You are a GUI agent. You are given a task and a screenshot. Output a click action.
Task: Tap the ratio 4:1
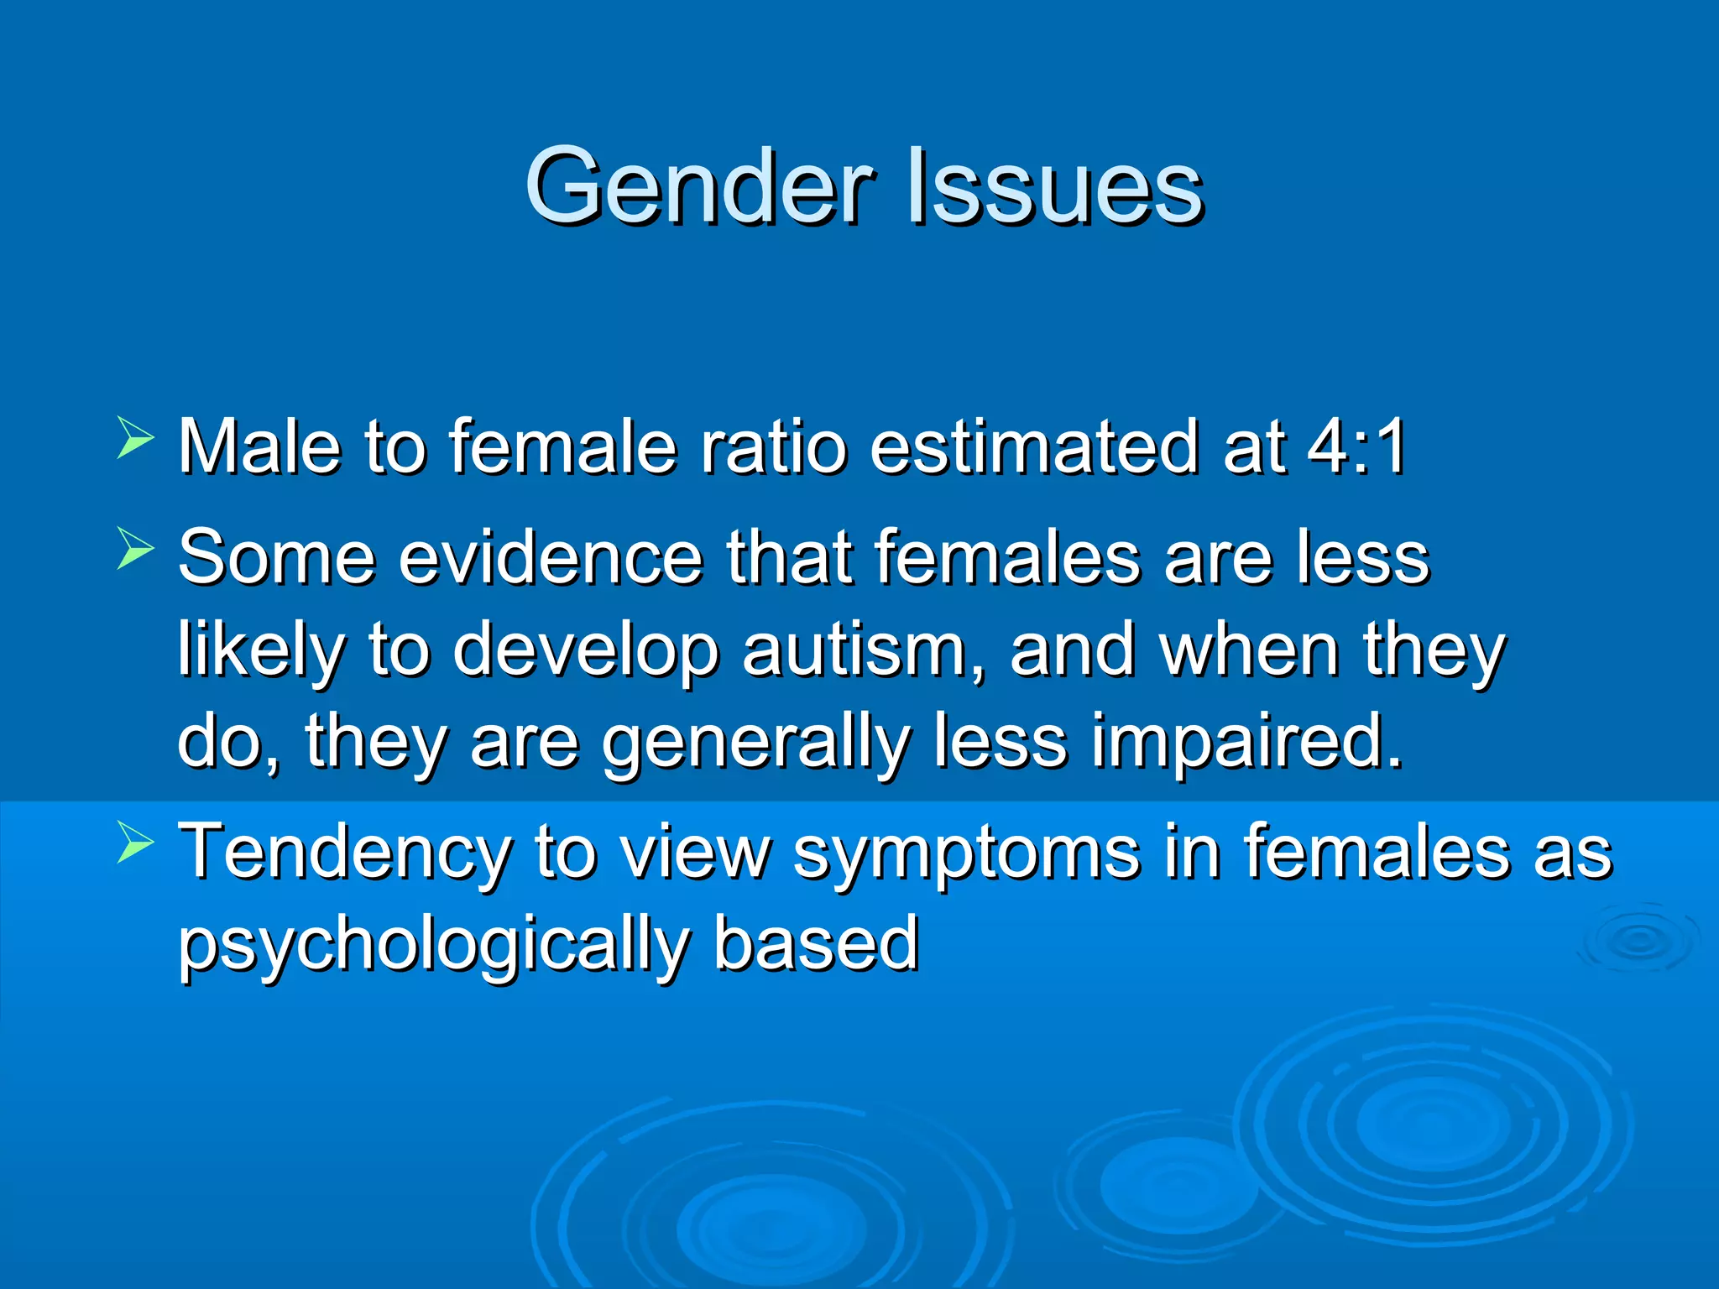(x=1357, y=446)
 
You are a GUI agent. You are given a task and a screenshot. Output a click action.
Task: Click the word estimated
(x=1035, y=446)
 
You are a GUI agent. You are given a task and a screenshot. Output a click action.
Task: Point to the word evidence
(x=550, y=557)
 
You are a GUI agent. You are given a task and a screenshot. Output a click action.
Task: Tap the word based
(x=816, y=943)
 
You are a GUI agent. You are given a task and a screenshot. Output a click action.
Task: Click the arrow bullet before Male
(x=134, y=437)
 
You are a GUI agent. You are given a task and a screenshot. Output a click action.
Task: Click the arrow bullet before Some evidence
(x=134, y=548)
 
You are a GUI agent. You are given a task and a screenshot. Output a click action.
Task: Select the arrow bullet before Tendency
(x=134, y=843)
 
